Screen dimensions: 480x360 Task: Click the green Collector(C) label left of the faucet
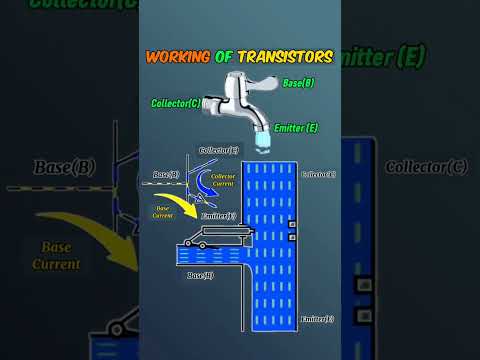click(175, 102)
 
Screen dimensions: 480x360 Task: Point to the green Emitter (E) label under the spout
click(297, 128)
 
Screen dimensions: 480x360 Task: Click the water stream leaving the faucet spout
click(261, 145)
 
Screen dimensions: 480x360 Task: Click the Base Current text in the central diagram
click(163, 211)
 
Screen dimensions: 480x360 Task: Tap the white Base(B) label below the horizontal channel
click(199, 273)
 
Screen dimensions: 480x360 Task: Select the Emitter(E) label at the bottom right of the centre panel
click(320, 319)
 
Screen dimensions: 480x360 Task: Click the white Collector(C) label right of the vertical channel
click(318, 173)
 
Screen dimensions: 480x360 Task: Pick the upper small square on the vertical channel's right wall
click(292, 224)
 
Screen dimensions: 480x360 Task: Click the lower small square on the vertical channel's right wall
click(292, 237)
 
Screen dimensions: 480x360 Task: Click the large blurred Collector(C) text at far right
click(426, 165)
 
